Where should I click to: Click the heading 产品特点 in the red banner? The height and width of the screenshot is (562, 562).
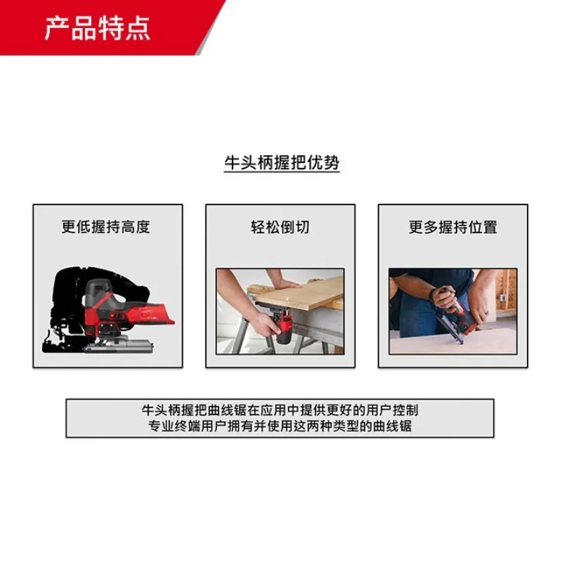(x=97, y=28)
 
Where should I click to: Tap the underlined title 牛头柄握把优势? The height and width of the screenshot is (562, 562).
(x=282, y=163)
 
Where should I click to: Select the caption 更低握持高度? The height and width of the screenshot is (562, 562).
(x=106, y=227)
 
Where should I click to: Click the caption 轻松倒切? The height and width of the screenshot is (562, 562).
(x=280, y=227)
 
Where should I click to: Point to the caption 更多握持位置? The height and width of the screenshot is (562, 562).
(x=453, y=227)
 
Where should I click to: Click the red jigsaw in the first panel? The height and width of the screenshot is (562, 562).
(x=122, y=315)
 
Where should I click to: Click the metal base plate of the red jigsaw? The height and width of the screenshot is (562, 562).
(x=120, y=346)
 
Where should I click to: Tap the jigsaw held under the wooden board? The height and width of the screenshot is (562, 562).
(x=285, y=326)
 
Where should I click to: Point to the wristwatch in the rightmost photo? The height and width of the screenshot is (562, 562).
(x=432, y=294)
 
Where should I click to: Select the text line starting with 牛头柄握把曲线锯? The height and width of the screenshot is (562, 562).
(x=280, y=410)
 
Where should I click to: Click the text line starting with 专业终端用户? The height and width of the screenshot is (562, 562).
(x=280, y=426)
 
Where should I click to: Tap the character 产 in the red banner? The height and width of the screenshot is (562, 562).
(x=57, y=28)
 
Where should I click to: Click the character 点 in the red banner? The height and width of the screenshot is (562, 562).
(x=137, y=28)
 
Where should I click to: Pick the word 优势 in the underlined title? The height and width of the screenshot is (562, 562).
(x=323, y=163)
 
